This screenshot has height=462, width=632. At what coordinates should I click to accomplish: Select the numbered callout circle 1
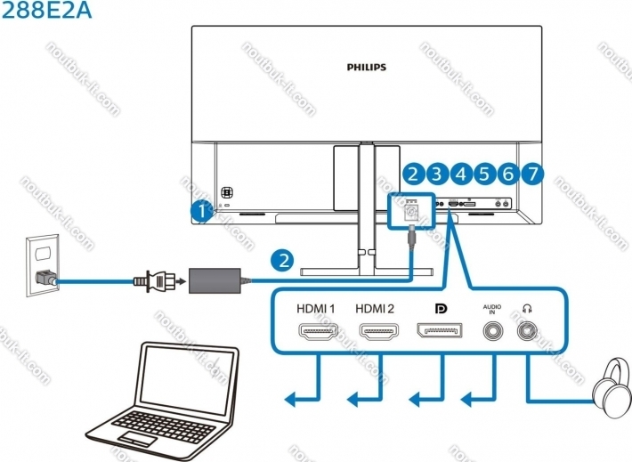(202, 211)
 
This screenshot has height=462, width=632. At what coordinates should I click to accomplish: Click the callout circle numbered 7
(531, 174)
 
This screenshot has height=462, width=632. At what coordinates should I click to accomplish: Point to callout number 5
(484, 174)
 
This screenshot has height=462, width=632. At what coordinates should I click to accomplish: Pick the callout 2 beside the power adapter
(283, 261)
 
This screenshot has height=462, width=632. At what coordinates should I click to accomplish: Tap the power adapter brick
(219, 280)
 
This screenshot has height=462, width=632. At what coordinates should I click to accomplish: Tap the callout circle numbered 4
(460, 174)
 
